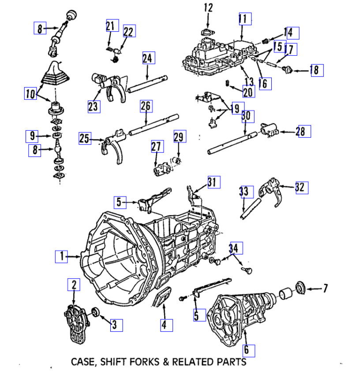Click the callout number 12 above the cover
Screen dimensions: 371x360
[x=208, y=8]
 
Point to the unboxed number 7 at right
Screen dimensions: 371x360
[x=325, y=289]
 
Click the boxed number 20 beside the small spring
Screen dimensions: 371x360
[x=249, y=92]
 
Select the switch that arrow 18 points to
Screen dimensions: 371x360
[x=289, y=69]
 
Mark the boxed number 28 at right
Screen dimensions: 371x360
[x=304, y=132]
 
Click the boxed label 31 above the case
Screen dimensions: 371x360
[x=213, y=182]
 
